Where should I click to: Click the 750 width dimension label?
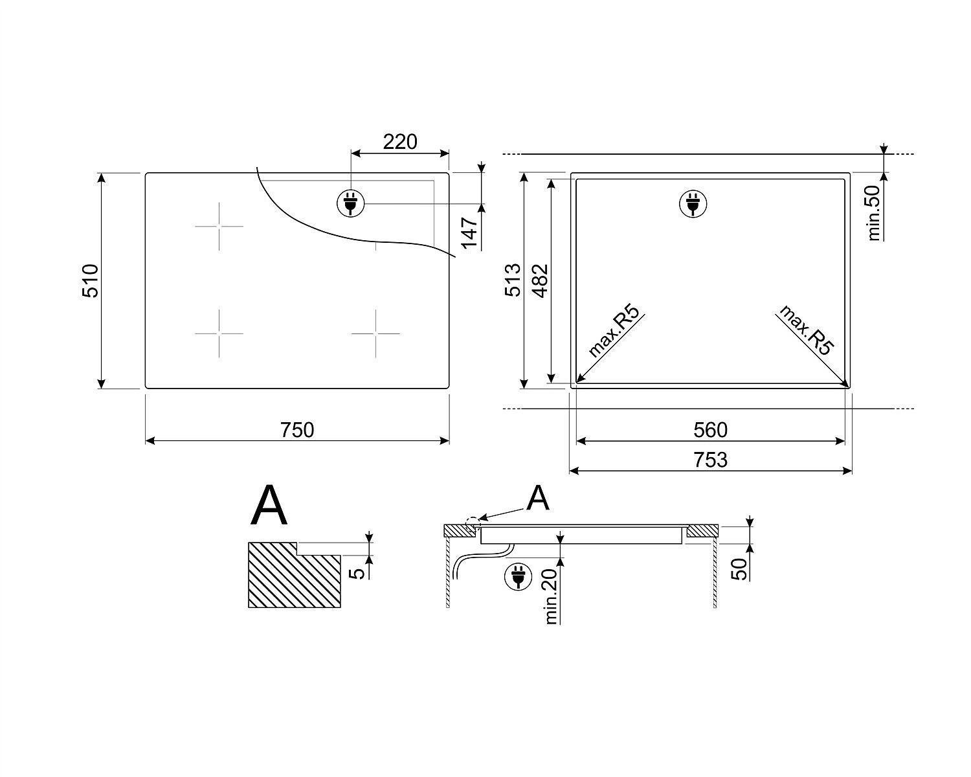(x=297, y=430)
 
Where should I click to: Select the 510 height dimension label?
(x=91, y=280)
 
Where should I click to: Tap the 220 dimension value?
(x=400, y=142)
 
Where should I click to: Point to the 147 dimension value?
(x=470, y=232)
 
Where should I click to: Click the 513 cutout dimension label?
(x=513, y=280)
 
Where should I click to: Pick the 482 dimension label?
(x=540, y=281)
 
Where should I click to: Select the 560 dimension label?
(x=710, y=430)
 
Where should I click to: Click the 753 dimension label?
(x=711, y=460)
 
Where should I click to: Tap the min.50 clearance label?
(x=874, y=212)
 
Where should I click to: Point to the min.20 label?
(x=551, y=596)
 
